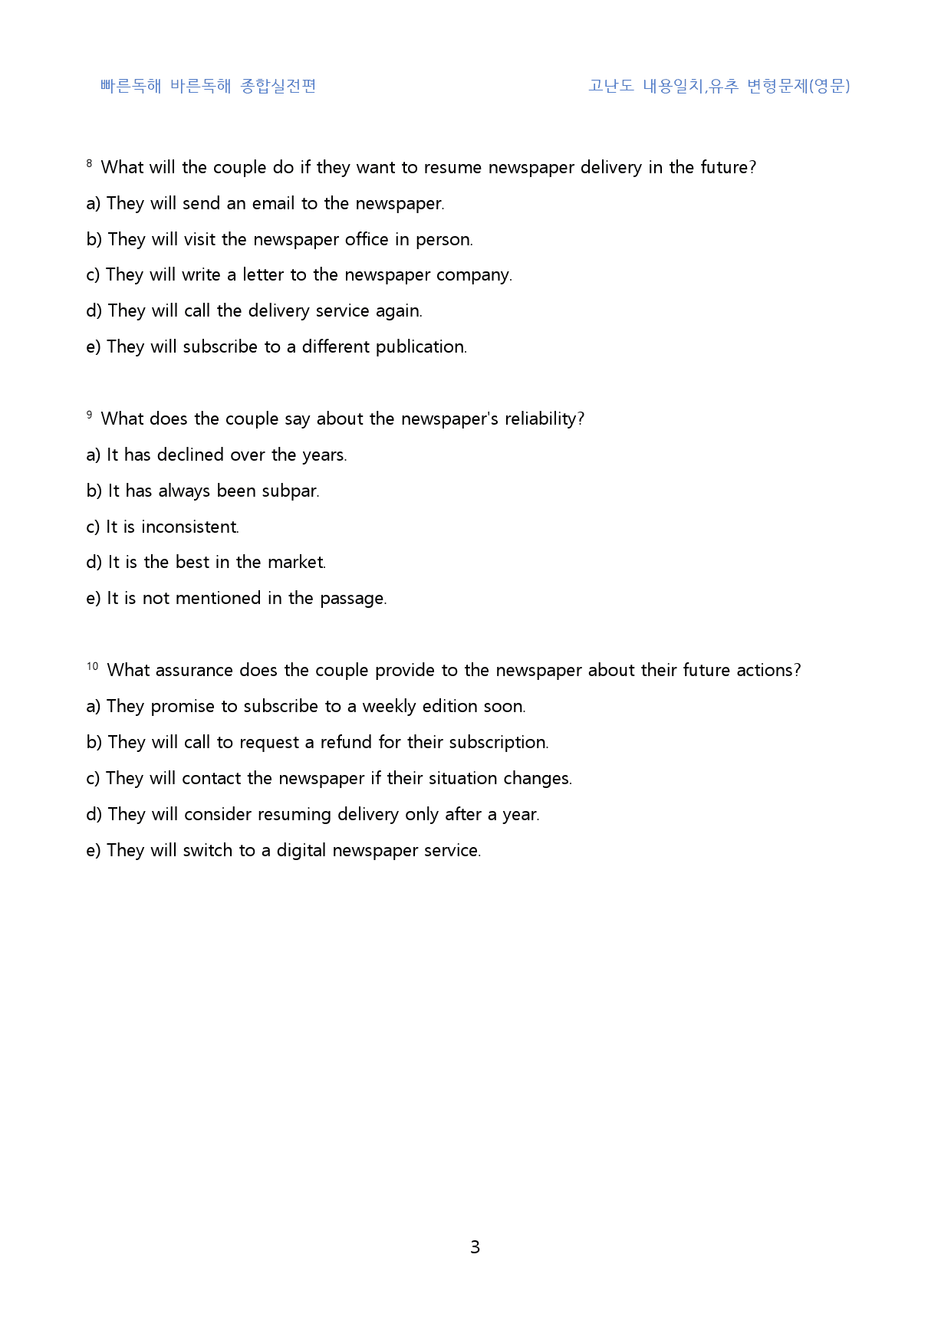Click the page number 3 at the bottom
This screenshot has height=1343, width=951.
pos(475,1247)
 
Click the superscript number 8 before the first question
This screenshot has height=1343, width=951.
pos(90,163)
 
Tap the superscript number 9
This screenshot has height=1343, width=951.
pos(90,415)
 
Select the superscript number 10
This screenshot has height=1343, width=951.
pos(92,666)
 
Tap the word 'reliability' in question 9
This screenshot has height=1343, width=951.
pos(542,419)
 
